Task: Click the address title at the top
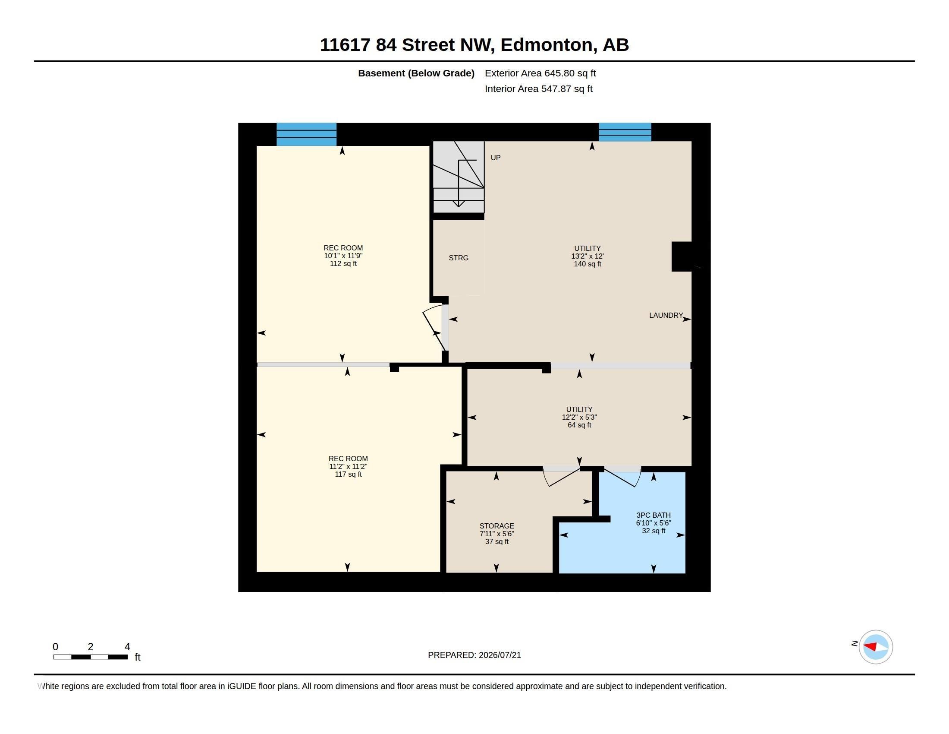(474, 45)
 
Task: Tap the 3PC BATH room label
(654, 515)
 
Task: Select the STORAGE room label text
(496, 526)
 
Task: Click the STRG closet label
(459, 258)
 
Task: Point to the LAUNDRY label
(666, 315)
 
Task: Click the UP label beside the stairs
(495, 158)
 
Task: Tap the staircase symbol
(459, 177)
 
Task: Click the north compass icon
(876, 647)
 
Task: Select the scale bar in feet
(91, 657)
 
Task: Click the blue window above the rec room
(306, 134)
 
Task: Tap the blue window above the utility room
(625, 132)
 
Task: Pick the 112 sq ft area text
(343, 263)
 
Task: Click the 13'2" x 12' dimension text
(588, 256)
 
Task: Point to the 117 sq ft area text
(348, 474)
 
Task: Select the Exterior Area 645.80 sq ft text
(540, 73)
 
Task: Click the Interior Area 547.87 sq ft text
(538, 89)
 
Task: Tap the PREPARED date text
(474, 655)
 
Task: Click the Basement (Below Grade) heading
(416, 73)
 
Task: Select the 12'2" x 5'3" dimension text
(579, 417)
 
